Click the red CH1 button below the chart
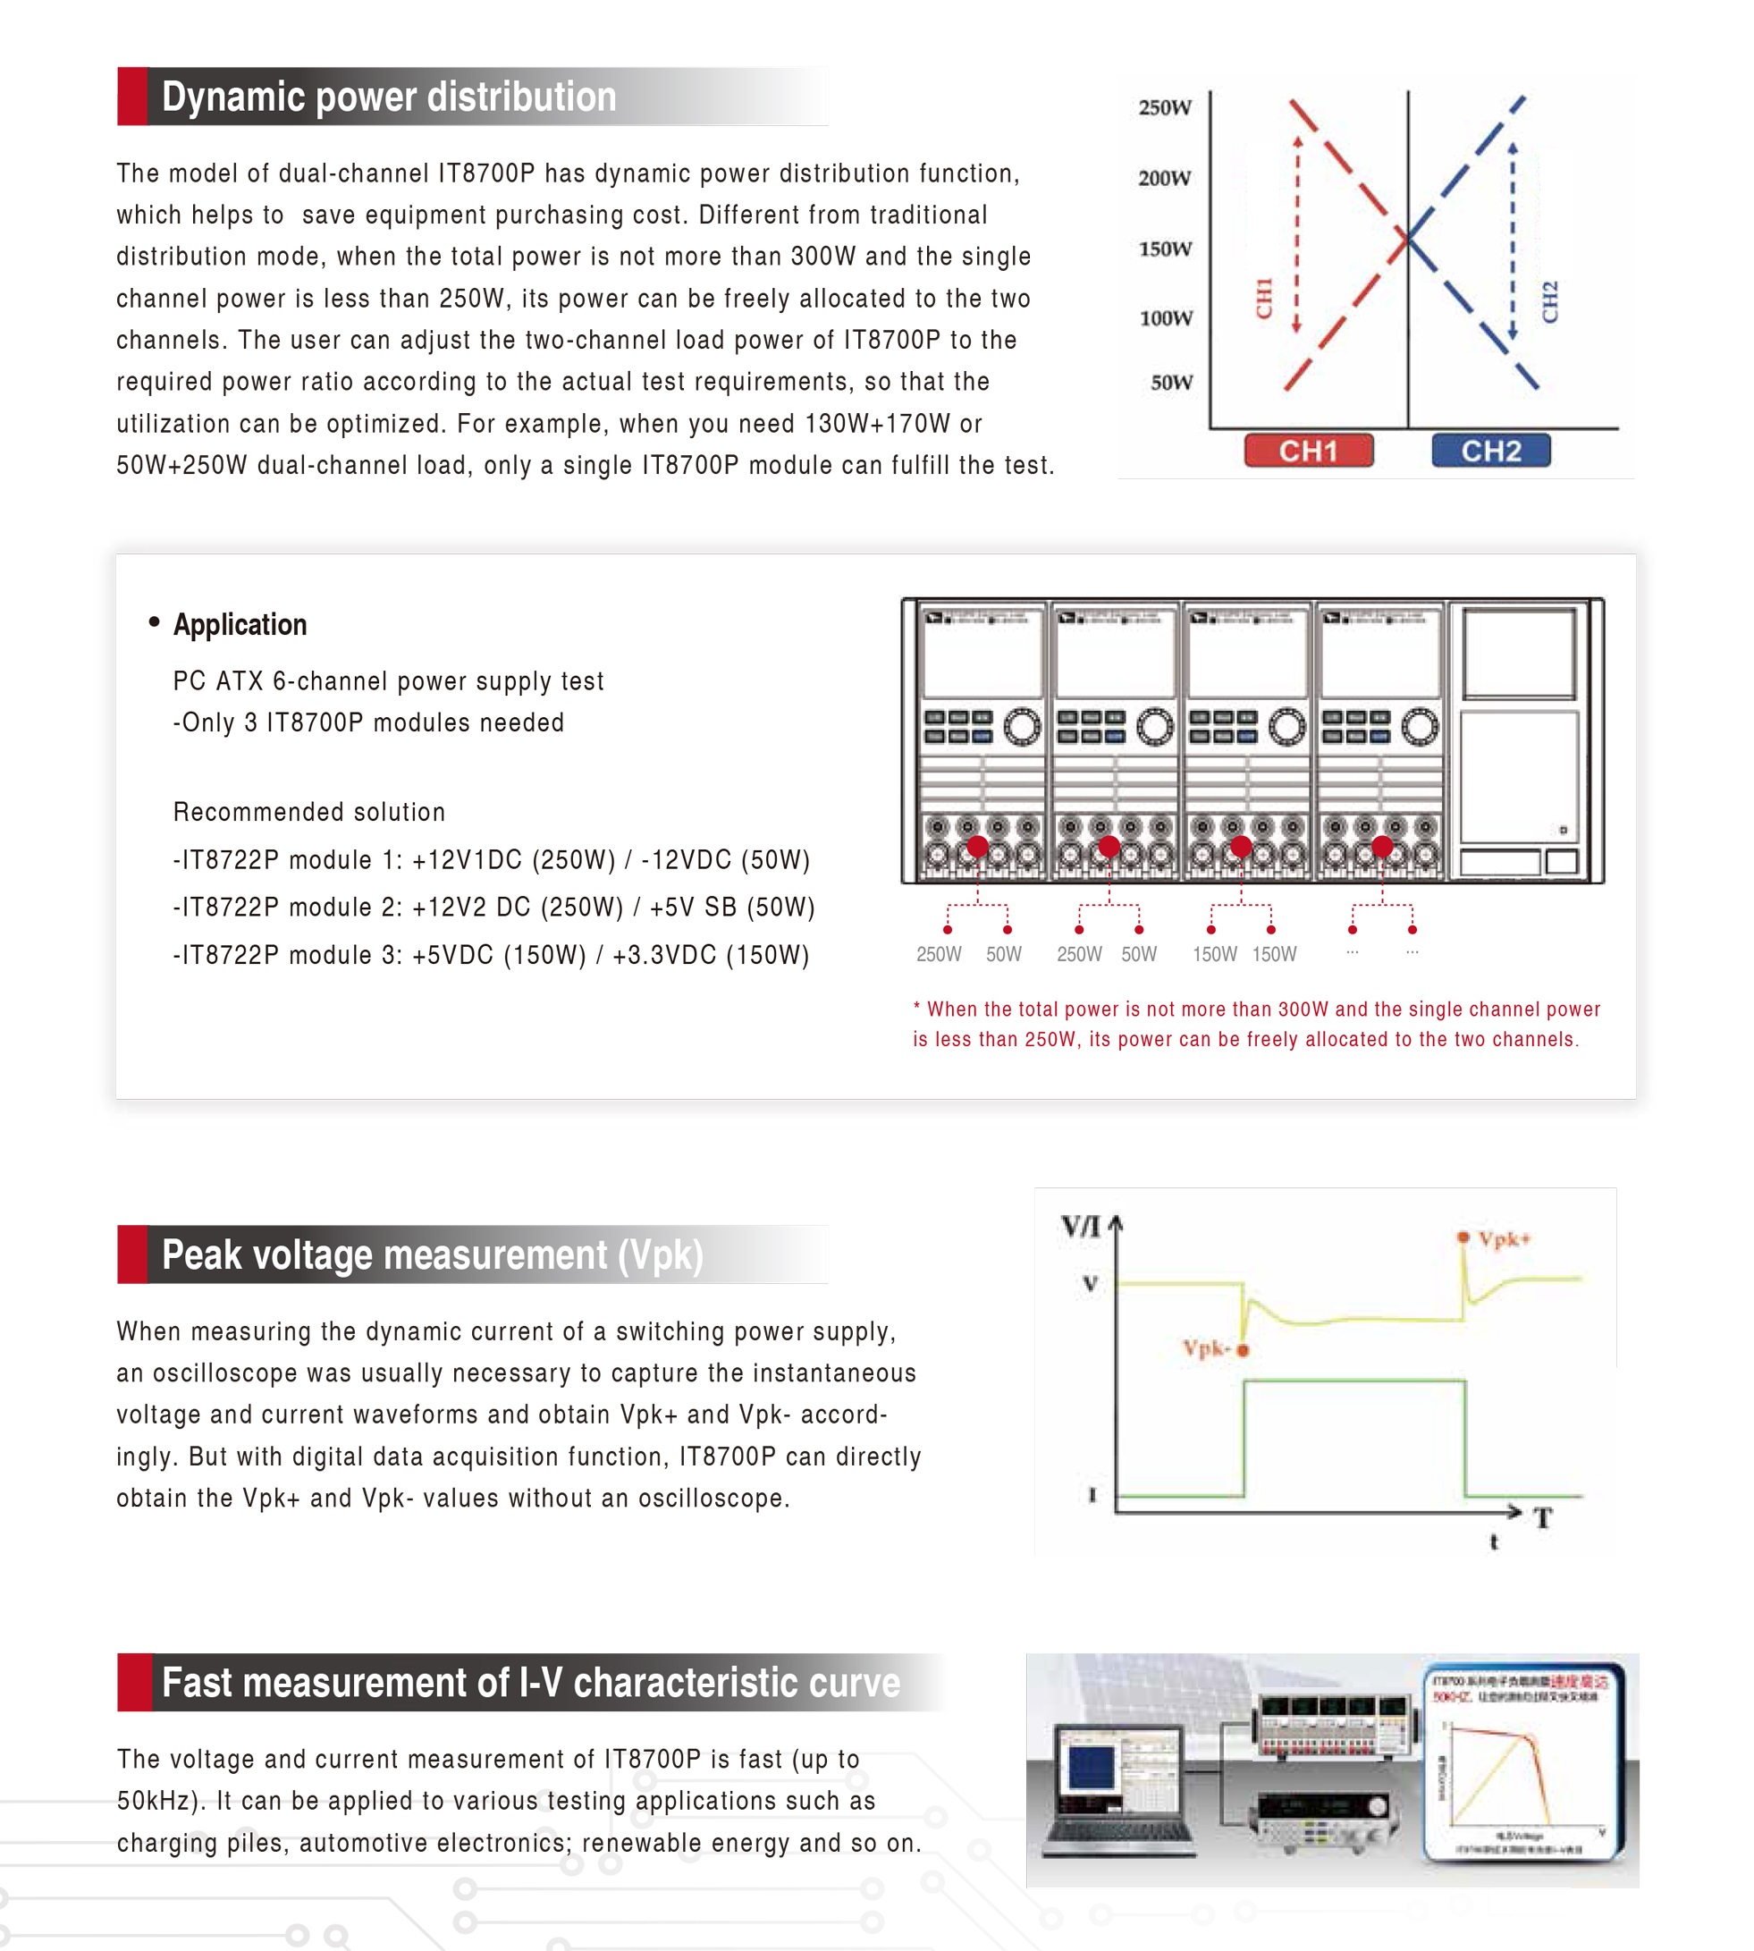1308,450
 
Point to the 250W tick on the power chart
1165,107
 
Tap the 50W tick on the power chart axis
1171,382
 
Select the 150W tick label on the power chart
1165,249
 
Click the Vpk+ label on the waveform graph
1504,1238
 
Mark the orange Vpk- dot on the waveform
1243,1349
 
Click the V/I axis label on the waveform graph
1080,1226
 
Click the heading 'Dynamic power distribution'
388,97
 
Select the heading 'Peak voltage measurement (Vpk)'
432,1254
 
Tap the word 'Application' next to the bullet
240,625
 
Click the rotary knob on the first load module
1022,727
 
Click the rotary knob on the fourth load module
1420,727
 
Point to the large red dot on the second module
1109,847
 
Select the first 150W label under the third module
1214,954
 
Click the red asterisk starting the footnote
916,1009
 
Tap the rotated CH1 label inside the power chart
1264,298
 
